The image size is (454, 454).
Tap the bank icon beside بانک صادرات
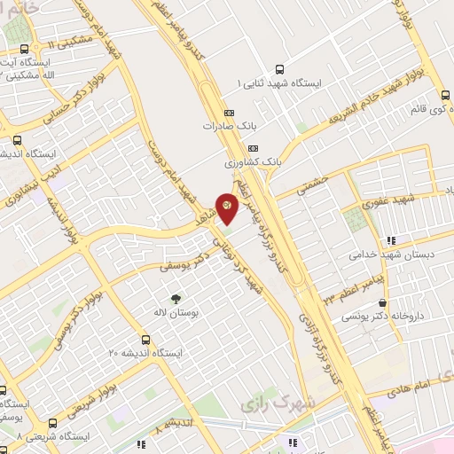(x=229, y=113)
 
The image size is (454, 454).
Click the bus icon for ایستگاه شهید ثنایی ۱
(x=280, y=68)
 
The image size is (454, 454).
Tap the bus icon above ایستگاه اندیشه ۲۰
(x=145, y=338)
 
